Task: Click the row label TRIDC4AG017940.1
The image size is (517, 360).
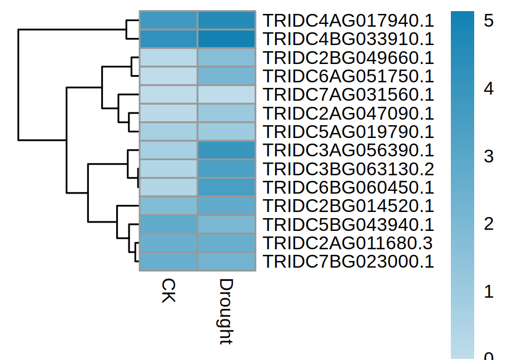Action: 348,21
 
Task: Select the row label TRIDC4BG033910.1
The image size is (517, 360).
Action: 348,39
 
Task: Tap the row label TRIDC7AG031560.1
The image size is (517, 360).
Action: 348,95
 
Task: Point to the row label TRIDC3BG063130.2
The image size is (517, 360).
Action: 348,169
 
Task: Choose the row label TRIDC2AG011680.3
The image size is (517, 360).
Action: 348,243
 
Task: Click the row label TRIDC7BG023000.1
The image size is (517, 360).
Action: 348,261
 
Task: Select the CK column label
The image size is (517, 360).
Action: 168,291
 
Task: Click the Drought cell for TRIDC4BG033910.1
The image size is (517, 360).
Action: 226,39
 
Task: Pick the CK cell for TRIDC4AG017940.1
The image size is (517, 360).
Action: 168,21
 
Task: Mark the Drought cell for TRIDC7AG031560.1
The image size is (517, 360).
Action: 226,95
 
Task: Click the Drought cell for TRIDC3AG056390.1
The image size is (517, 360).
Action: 226,150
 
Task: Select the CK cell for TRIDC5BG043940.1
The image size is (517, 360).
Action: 168,224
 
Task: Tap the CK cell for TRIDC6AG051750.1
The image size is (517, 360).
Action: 168,76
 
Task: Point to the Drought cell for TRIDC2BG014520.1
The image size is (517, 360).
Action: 226,206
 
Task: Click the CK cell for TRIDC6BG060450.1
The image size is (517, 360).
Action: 168,187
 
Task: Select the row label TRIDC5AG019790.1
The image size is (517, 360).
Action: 348,132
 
